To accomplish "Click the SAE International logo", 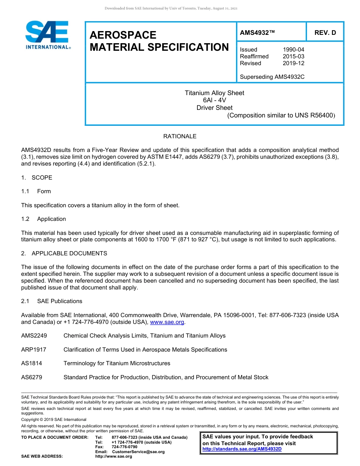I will click(x=47, y=35).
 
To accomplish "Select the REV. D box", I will click(x=325, y=33).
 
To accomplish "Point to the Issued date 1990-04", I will click(x=293, y=50).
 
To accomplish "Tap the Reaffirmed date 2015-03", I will click(x=293, y=56).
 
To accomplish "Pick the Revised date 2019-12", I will click(x=293, y=63).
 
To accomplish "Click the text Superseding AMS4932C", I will click(x=272, y=77).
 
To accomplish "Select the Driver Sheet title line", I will click(x=214, y=108).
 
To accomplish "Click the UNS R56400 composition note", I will click(x=281, y=116).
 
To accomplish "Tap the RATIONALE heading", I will click(x=180, y=136).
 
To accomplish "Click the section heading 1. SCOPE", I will click(x=37, y=178).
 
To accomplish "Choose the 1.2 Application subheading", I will click(x=44, y=219).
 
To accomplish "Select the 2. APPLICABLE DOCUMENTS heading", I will click(x=64, y=253).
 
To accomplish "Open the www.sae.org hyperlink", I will click(x=167, y=322).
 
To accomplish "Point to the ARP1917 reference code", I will click(x=34, y=350).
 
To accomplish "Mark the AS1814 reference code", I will click(x=31, y=363).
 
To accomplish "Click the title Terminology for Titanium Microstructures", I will click(x=117, y=363).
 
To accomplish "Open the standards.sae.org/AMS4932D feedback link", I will click(x=242, y=449).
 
